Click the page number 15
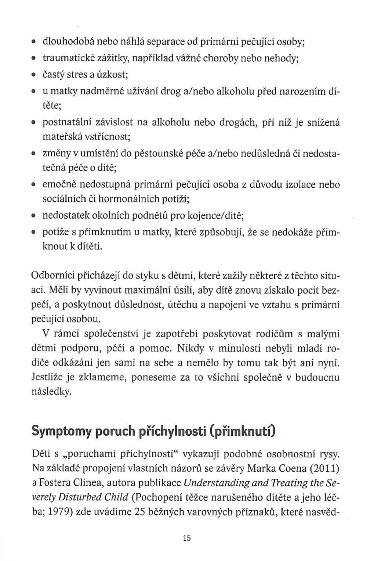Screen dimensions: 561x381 [x=186, y=538]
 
